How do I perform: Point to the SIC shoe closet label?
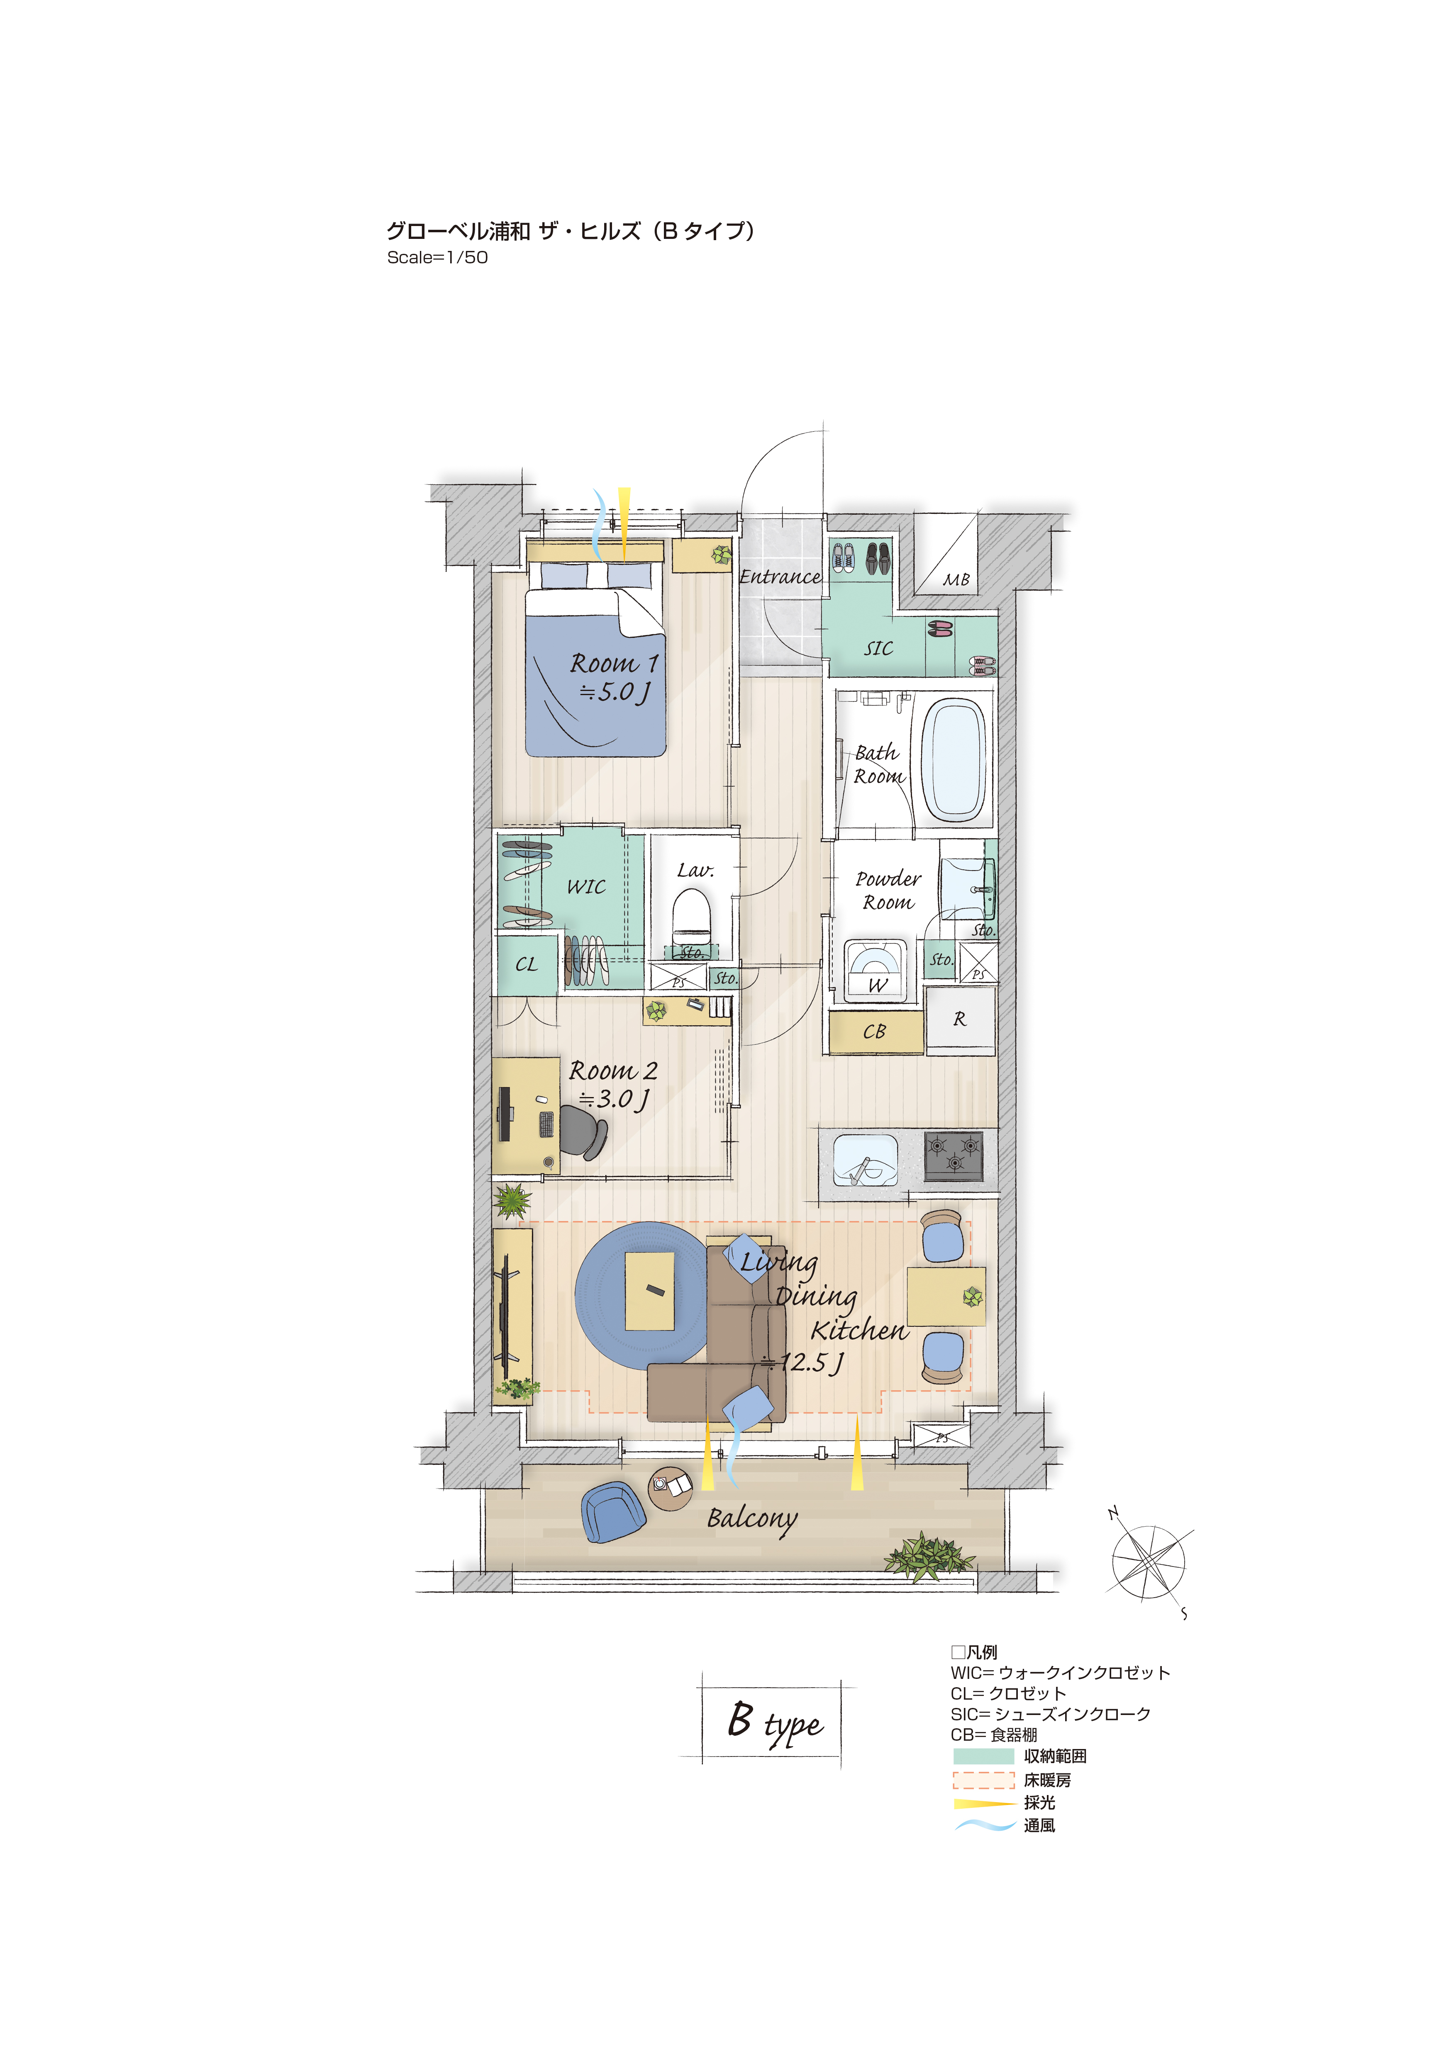(x=879, y=648)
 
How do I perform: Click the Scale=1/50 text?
(x=437, y=258)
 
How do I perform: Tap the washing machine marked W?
(x=873, y=968)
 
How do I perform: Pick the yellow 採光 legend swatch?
(x=983, y=1803)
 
